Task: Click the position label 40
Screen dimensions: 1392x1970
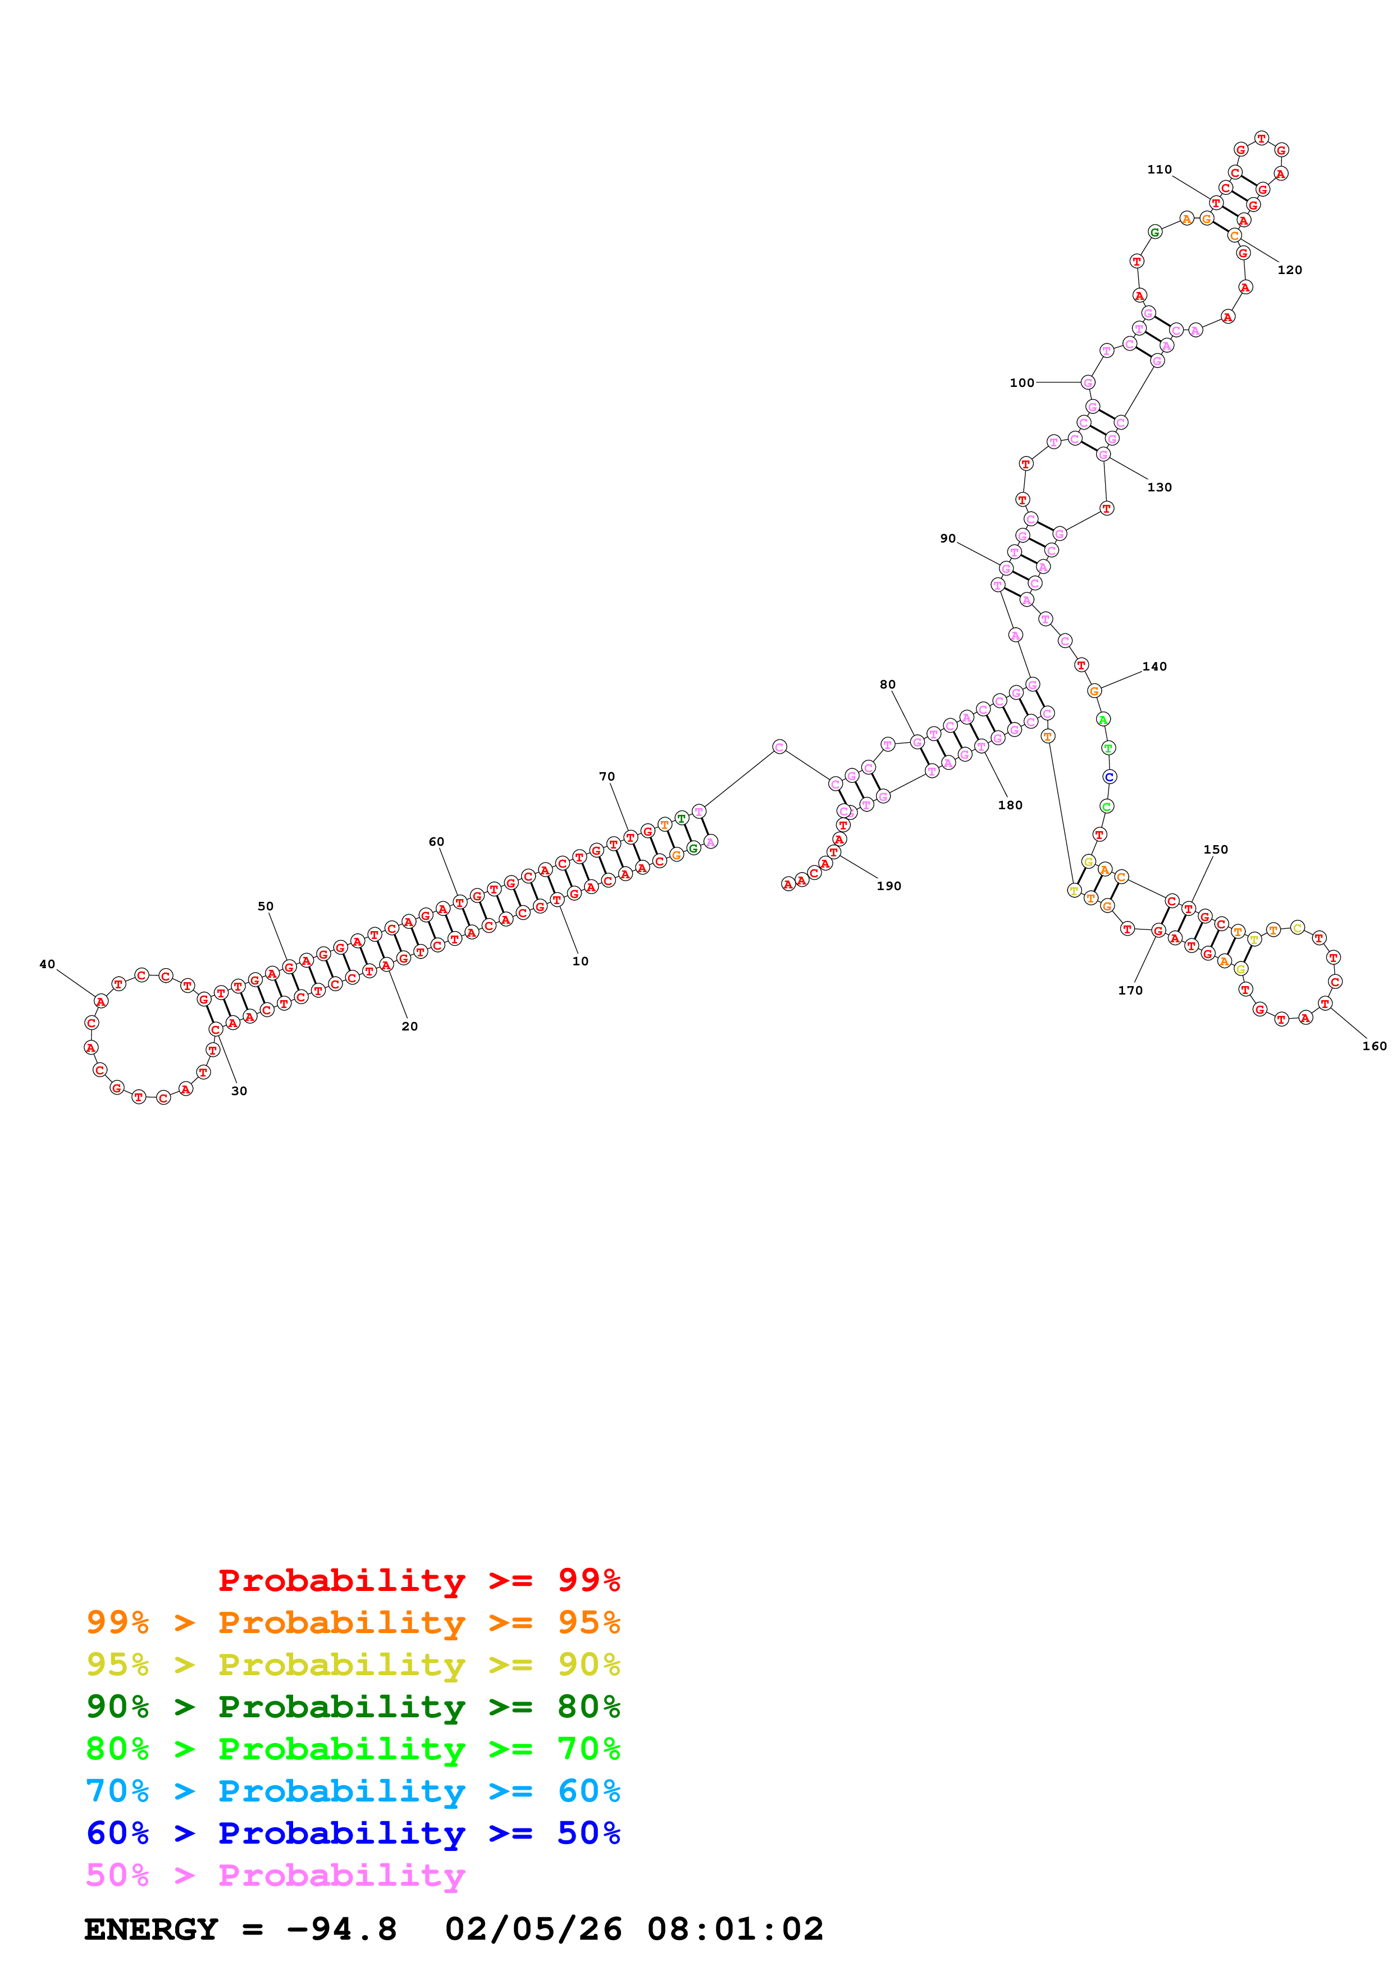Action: [x=47, y=964]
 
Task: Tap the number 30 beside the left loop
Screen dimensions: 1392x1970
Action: [x=239, y=1091]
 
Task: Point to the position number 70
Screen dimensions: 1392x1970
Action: [x=607, y=777]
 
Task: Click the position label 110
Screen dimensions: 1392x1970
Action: [x=1160, y=170]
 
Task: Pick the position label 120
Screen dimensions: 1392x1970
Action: [x=1290, y=270]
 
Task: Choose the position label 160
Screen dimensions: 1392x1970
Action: [x=1375, y=1046]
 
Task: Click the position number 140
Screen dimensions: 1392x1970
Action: [x=1154, y=667]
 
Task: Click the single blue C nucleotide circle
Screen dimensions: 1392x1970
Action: [x=1109, y=777]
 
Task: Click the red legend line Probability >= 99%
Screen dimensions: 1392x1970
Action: [x=419, y=1580]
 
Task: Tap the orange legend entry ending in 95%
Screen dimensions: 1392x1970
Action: [x=353, y=1622]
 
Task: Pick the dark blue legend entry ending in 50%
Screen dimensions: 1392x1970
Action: [x=353, y=1833]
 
